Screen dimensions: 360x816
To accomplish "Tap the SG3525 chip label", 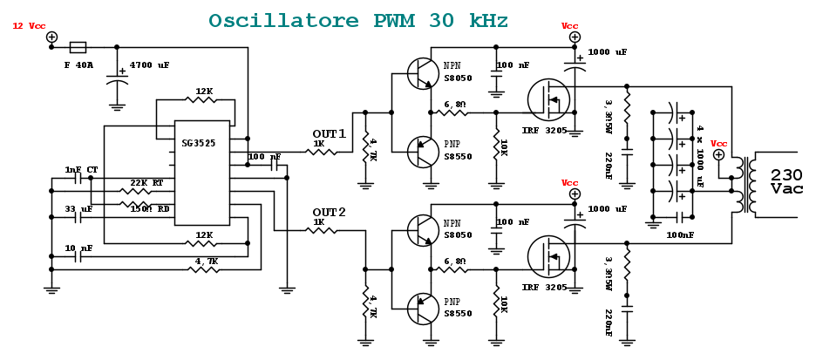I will pyautogui.click(x=199, y=142).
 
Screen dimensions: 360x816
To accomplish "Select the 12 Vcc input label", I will pyautogui.click(x=29, y=26).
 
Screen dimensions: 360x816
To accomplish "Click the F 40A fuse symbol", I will pyautogui.click(x=78, y=47).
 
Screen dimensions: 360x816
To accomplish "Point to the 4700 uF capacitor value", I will pyautogui.click(x=149, y=65).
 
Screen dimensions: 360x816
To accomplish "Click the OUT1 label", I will pyautogui.click(x=329, y=133).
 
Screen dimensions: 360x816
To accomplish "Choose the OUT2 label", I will pyautogui.click(x=329, y=212).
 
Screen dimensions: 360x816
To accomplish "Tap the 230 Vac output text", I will pyautogui.click(x=786, y=181).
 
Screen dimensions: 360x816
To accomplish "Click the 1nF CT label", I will pyautogui.click(x=81, y=169).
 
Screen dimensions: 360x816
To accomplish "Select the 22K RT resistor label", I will pyautogui.click(x=146, y=182).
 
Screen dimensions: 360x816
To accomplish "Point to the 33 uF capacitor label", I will pyautogui.click(x=78, y=209).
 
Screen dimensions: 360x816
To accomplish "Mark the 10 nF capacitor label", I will pyautogui.click(x=78, y=248).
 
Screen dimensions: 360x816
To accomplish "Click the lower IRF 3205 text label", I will pyautogui.click(x=545, y=287).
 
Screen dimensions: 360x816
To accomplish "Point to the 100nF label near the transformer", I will pyautogui.click(x=680, y=234).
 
